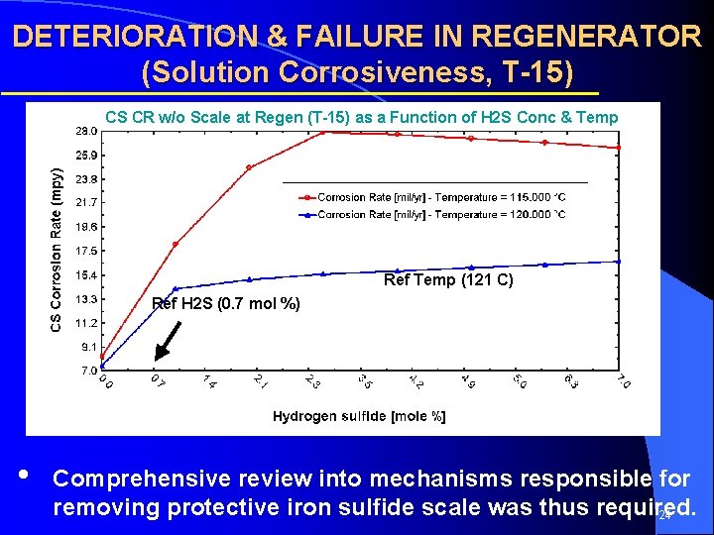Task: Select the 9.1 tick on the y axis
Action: pos(87,347)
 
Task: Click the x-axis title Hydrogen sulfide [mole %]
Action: pos(359,416)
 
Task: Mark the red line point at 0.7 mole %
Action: pos(176,244)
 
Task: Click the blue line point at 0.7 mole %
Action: pos(176,288)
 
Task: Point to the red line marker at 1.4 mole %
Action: pos(249,167)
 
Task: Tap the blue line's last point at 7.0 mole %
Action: pos(619,262)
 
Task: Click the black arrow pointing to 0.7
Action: pos(169,339)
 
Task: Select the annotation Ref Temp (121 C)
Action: pos(448,280)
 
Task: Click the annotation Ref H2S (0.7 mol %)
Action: pos(226,304)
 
